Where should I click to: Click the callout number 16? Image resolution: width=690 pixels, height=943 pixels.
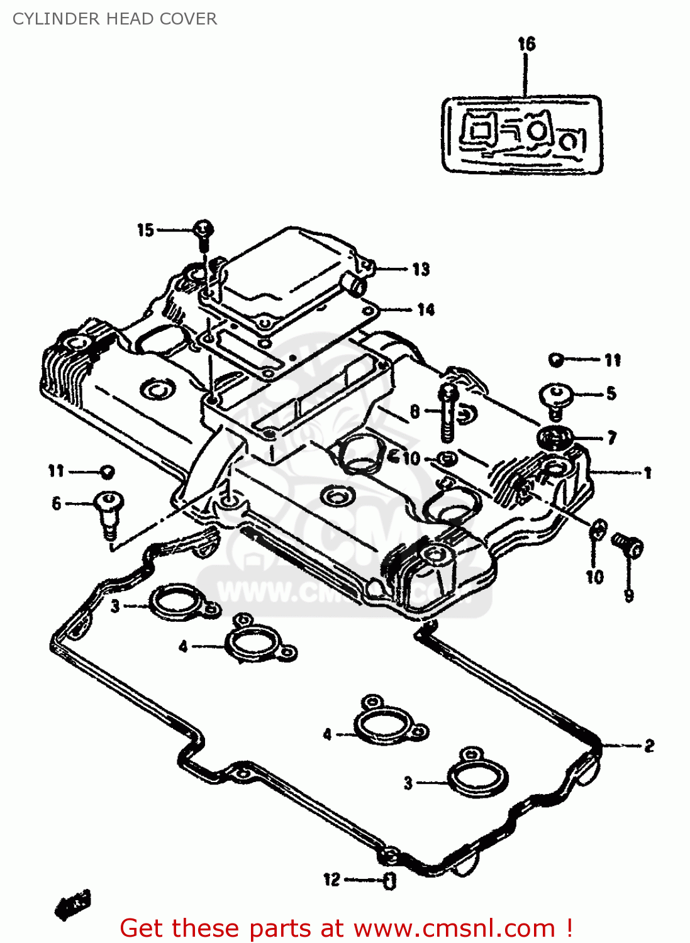pyautogui.click(x=526, y=44)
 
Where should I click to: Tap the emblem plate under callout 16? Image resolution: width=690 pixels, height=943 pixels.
pyautogui.click(x=522, y=135)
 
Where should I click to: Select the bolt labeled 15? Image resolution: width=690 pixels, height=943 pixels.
pyautogui.click(x=203, y=232)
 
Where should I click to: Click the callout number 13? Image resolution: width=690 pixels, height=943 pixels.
pyautogui.click(x=421, y=270)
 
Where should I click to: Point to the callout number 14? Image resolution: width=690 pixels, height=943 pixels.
pyautogui.click(x=426, y=309)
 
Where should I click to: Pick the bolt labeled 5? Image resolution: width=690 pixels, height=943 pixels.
pyautogui.click(x=556, y=399)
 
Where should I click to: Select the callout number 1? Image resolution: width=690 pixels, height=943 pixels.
pyautogui.click(x=647, y=473)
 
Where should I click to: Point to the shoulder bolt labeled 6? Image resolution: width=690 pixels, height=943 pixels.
pyautogui.click(x=109, y=512)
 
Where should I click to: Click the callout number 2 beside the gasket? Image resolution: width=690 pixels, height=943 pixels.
pyautogui.click(x=649, y=746)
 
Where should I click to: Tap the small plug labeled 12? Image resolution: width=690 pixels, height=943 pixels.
pyautogui.click(x=389, y=881)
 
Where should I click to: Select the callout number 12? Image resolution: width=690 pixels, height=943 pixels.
pyautogui.click(x=331, y=880)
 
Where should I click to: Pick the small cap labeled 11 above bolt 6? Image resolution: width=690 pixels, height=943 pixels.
pyautogui.click(x=107, y=472)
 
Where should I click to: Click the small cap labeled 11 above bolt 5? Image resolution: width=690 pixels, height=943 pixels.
pyautogui.click(x=555, y=360)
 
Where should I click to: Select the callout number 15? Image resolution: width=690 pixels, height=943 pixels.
pyautogui.click(x=145, y=230)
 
